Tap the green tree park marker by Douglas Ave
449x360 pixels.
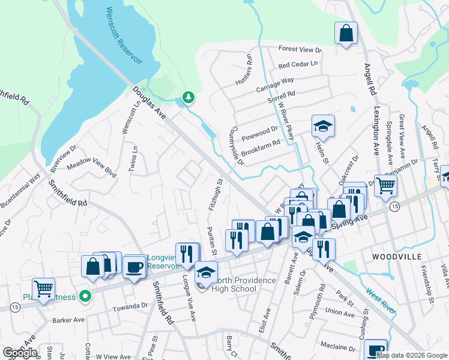click(x=188, y=97)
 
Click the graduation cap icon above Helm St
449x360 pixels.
click(x=323, y=127)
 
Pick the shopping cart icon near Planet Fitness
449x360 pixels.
click(x=43, y=289)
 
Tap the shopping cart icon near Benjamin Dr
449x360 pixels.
click(x=385, y=186)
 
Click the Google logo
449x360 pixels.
click(x=20, y=353)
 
